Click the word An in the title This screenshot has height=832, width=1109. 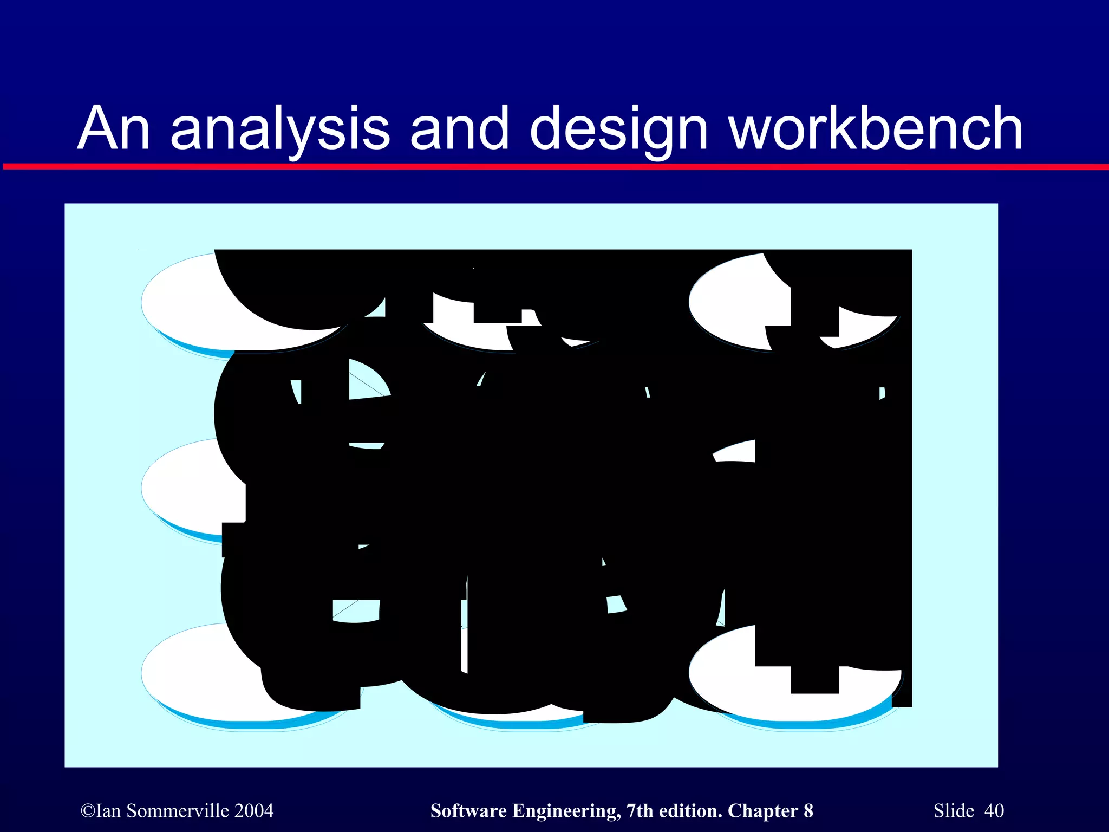114,128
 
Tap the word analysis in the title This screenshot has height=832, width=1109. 280,128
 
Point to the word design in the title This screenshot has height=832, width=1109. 618,128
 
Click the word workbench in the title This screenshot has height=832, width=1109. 876,128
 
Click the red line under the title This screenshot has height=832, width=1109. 554,166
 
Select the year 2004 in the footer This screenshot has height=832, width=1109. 255,811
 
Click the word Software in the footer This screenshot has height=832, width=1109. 469,811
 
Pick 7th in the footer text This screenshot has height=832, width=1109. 641,811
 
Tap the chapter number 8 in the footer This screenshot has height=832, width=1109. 808,811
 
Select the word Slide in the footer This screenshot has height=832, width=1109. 954,811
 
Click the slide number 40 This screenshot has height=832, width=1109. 994,811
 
